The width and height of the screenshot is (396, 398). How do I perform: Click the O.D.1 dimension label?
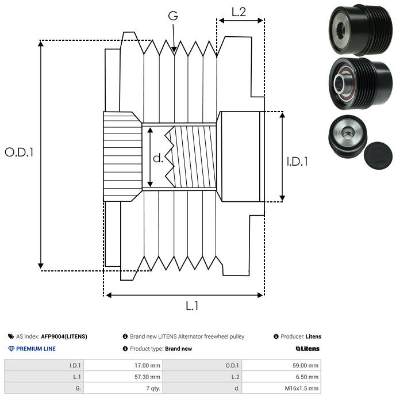(20, 152)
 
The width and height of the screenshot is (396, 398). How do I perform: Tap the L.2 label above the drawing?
(239, 12)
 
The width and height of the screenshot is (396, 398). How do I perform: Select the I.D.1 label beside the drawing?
(297, 162)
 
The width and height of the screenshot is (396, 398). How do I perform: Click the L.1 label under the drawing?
(191, 307)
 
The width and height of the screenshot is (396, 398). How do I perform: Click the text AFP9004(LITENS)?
(64, 336)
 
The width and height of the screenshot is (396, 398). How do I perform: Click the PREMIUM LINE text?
(36, 349)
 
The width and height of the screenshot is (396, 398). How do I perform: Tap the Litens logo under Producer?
(307, 349)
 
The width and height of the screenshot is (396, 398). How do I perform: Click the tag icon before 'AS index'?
(10, 336)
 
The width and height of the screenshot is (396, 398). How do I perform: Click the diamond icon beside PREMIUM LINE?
(10, 349)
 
